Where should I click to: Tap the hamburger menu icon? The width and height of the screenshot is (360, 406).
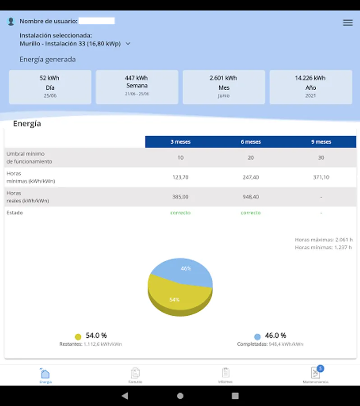(348, 23)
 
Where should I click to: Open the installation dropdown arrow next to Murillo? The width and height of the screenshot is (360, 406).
(128, 44)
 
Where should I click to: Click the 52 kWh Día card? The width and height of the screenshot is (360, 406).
(50, 87)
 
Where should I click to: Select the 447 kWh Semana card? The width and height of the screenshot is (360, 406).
(137, 87)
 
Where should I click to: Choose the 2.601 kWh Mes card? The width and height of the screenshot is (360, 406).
(224, 87)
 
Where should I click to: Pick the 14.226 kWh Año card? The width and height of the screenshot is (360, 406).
(310, 87)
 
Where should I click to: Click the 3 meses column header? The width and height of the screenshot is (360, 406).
(180, 142)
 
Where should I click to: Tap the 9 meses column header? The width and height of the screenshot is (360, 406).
(321, 142)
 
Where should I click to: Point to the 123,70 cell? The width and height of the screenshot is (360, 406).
(180, 177)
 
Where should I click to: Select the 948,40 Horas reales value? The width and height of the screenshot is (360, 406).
(251, 197)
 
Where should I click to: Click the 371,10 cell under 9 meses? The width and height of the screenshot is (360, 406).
(321, 177)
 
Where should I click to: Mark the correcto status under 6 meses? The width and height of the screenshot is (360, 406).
(251, 212)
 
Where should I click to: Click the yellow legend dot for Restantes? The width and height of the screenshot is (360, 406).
(78, 337)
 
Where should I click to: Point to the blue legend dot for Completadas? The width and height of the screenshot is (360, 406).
(257, 337)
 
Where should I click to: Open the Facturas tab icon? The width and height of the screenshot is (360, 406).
(135, 374)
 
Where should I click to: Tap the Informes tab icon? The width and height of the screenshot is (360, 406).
(226, 373)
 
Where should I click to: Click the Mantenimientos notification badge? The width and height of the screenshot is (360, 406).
(320, 368)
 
